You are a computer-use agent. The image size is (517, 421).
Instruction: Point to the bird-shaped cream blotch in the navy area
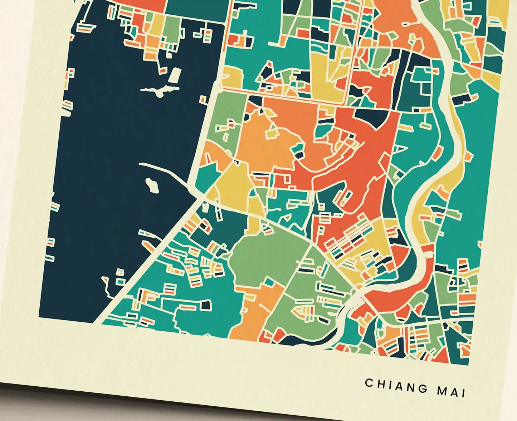(160, 90)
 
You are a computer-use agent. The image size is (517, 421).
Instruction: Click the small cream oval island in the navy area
(152, 185)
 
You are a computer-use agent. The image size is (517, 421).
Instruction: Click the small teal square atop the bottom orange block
(269, 282)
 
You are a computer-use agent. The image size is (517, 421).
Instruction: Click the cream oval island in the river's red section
(428, 254)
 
